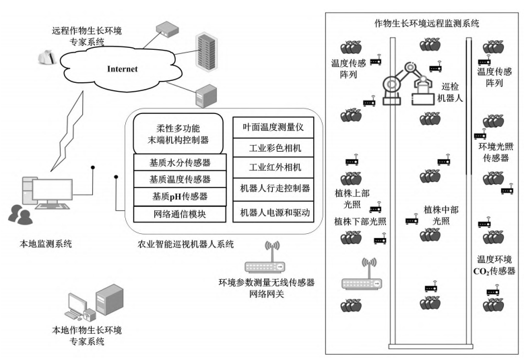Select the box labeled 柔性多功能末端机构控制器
pyautogui.click(x=177, y=133)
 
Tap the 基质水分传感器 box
pyautogui.click(x=178, y=162)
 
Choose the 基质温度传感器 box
pyautogui.click(x=178, y=179)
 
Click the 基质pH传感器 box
pyautogui.click(x=178, y=196)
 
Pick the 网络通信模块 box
pyautogui.click(x=178, y=214)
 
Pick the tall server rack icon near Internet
pyautogui.click(x=206, y=51)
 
